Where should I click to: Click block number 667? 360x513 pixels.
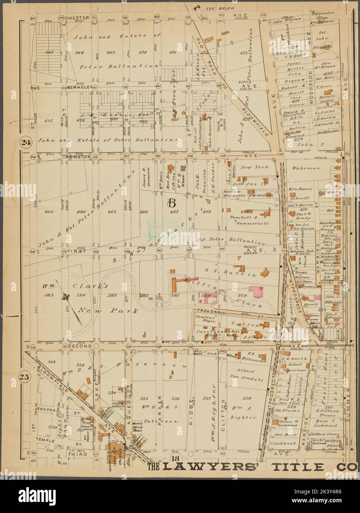49,52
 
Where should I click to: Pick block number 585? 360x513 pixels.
49,295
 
